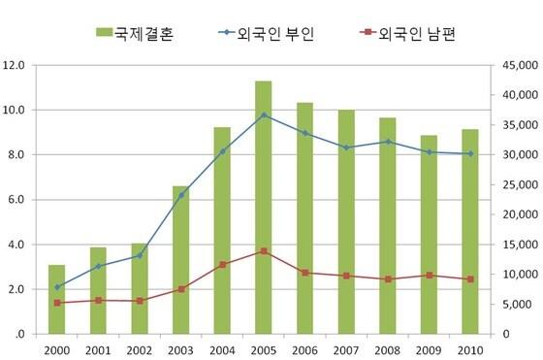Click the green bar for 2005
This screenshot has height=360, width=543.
[x=263, y=208]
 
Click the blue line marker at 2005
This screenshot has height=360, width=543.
[x=263, y=115]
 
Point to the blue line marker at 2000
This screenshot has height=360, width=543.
[x=57, y=287]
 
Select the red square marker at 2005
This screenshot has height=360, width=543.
[x=263, y=251]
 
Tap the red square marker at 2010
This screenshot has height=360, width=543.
[x=468, y=279]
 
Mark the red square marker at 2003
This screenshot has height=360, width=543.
[x=180, y=289]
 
